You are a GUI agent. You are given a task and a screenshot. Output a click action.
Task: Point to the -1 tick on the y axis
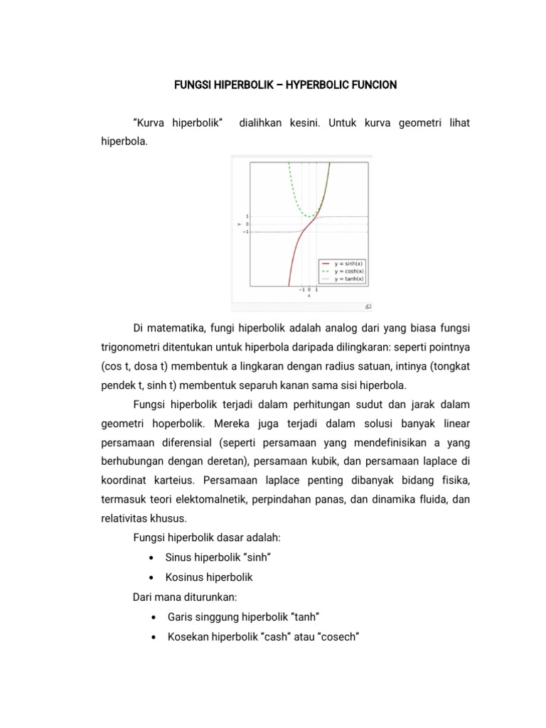click(x=246, y=232)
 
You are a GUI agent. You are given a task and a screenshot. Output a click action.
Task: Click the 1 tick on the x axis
click(x=316, y=290)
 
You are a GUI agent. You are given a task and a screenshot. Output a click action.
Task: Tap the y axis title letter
click(x=239, y=224)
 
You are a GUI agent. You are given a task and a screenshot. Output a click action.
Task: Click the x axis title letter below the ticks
click(x=309, y=296)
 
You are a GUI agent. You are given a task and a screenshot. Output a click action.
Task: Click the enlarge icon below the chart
click(x=368, y=306)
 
